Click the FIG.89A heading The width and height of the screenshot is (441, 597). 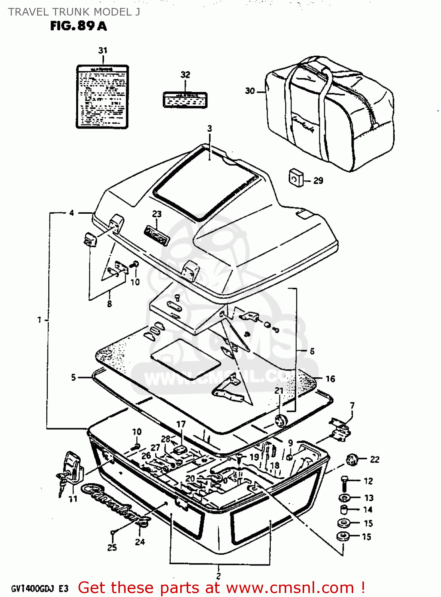[x=79, y=26]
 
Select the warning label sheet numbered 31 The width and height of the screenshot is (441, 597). [x=102, y=97]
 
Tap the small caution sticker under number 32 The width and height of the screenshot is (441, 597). [x=185, y=99]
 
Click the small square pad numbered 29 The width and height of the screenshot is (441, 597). [x=295, y=177]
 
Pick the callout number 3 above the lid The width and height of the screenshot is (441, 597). [x=210, y=129]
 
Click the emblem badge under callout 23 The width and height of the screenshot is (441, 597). [x=157, y=235]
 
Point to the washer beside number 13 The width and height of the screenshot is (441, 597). [x=344, y=498]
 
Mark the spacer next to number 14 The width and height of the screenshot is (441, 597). [x=344, y=510]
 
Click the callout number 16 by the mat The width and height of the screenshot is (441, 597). [x=330, y=379]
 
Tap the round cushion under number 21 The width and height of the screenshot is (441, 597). [x=281, y=420]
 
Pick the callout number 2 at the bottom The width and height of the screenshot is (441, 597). [x=219, y=576]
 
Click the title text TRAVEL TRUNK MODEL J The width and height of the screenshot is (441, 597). [x=74, y=12]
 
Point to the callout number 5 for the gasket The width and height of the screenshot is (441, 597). [x=73, y=377]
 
